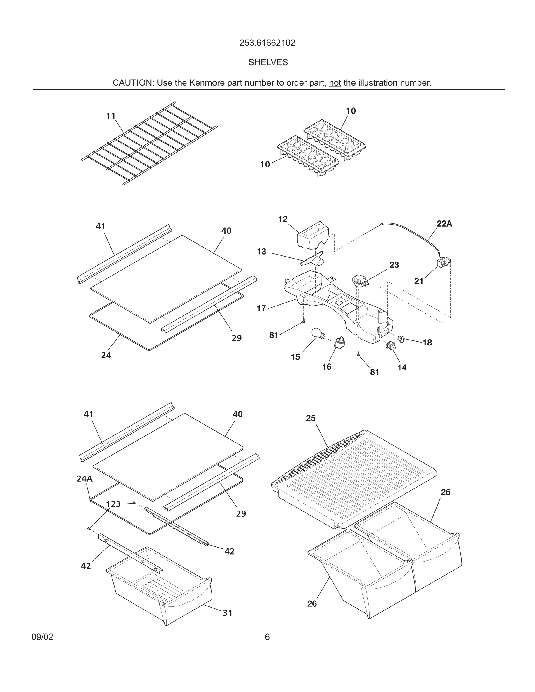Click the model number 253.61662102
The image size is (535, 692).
pyautogui.click(x=267, y=43)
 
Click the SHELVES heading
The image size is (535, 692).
pyautogui.click(x=268, y=62)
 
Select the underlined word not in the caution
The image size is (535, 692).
pyautogui.click(x=335, y=83)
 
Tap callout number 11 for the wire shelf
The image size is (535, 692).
pyautogui.click(x=111, y=116)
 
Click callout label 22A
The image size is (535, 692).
pyautogui.click(x=444, y=224)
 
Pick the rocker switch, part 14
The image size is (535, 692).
pyautogui.click(x=391, y=345)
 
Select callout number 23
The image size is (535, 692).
pyautogui.click(x=394, y=265)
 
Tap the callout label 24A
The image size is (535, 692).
pyautogui.click(x=84, y=479)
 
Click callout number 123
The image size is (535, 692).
pyautogui.click(x=113, y=504)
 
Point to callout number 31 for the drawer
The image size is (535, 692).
pyautogui.click(x=228, y=613)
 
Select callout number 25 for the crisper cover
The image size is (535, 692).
pyautogui.click(x=311, y=418)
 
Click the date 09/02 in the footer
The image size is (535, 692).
pyautogui.click(x=43, y=637)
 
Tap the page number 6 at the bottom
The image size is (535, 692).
pyautogui.click(x=267, y=637)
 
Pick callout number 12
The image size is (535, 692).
pyautogui.click(x=282, y=219)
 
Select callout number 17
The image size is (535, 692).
pyautogui.click(x=261, y=308)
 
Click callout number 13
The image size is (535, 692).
pyautogui.click(x=261, y=252)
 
